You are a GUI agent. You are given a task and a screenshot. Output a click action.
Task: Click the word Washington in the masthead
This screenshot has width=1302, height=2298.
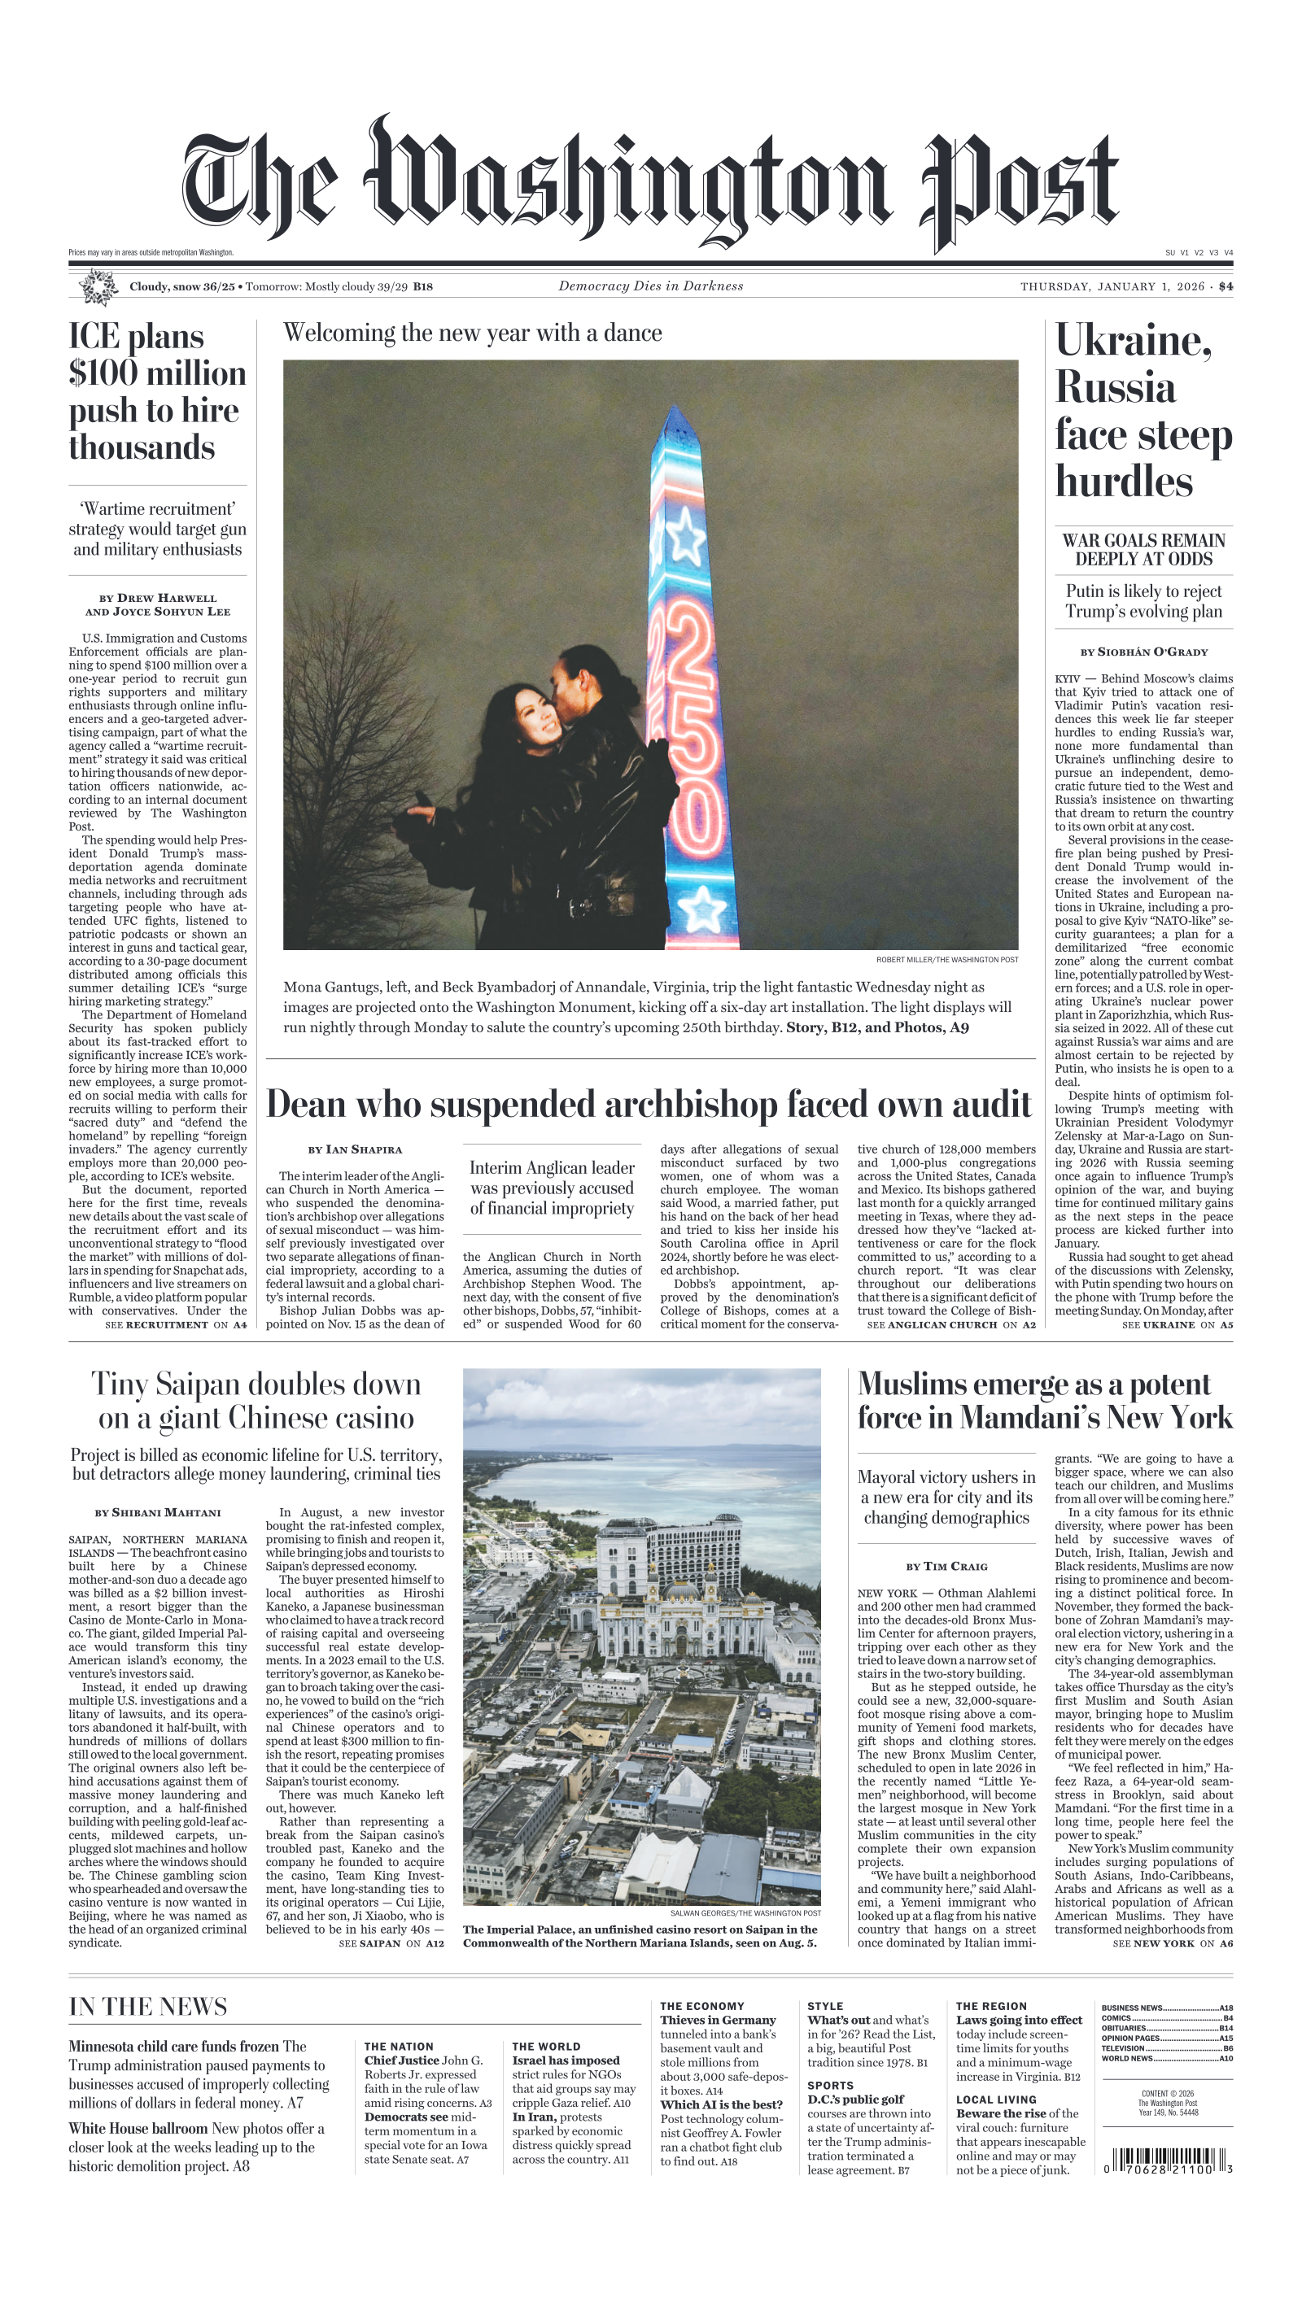[x=626, y=183]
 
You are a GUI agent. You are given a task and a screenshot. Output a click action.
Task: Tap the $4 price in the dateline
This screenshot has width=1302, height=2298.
[x=1225, y=287]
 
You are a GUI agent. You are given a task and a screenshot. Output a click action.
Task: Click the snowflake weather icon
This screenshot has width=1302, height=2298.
[x=98, y=288]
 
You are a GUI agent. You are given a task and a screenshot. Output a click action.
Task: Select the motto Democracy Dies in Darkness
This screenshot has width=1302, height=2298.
[x=650, y=286]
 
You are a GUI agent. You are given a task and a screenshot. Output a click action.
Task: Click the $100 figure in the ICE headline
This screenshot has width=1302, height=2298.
[x=102, y=373]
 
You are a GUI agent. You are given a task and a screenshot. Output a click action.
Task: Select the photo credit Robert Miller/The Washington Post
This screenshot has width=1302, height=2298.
[x=946, y=960]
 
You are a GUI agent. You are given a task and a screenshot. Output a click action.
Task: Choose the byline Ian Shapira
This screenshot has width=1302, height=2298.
[x=355, y=1149]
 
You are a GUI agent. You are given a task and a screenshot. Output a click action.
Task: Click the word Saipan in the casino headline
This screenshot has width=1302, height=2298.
[x=197, y=1384]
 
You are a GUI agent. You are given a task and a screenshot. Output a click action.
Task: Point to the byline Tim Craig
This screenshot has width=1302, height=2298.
[x=946, y=1567]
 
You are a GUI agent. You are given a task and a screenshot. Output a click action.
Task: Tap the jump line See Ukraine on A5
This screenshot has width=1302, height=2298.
[x=1176, y=1324]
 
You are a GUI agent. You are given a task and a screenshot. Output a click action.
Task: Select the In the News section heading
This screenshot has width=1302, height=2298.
[x=147, y=2007]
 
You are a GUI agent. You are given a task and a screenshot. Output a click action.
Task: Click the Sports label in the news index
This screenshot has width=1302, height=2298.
[x=830, y=2085]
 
